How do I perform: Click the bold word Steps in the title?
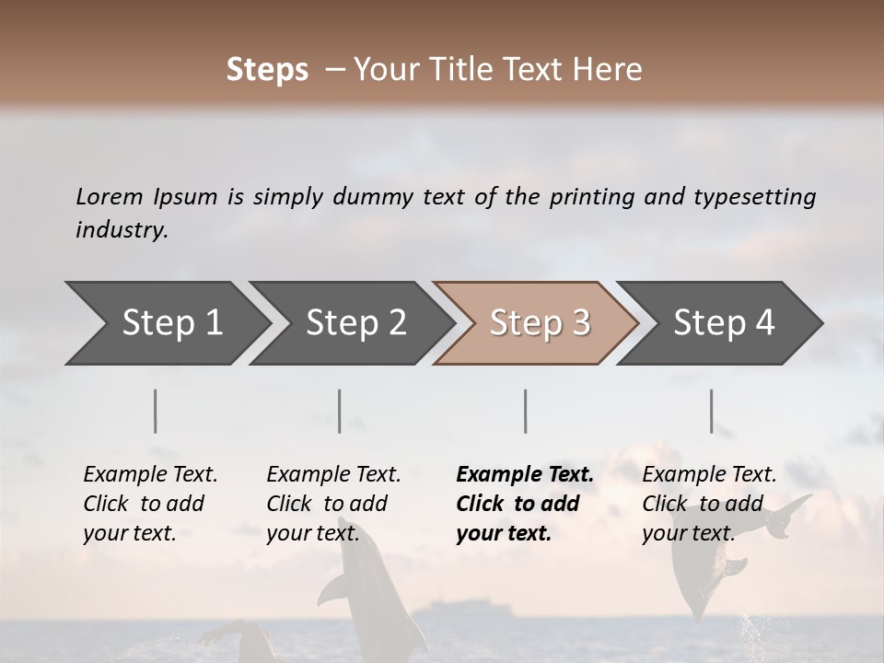point(267,70)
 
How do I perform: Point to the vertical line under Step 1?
point(156,411)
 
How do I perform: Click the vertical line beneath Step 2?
point(340,411)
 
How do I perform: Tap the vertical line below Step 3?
point(526,411)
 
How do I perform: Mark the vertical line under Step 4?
point(712,411)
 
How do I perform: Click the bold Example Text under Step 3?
point(525,474)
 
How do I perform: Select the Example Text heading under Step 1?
point(150,474)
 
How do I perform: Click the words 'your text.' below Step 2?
point(312,533)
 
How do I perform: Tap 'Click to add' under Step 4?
point(703,504)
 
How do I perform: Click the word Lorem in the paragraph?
point(110,196)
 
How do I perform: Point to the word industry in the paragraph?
point(122,229)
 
